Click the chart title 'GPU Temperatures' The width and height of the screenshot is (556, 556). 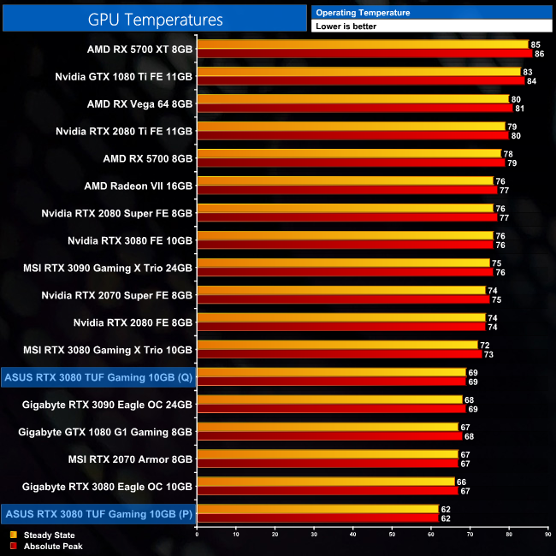[x=155, y=19]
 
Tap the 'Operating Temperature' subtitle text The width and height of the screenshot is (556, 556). [x=363, y=13]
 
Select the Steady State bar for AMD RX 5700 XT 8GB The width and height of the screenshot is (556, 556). [x=363, y=44]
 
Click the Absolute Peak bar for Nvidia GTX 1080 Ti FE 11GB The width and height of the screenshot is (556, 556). [x=361, y=81]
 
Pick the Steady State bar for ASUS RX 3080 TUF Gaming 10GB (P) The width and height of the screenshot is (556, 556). [x=317, y=509]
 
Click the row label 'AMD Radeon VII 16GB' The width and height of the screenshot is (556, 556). [x=139, y=186]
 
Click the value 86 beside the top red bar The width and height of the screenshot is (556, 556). [x=539, y=54]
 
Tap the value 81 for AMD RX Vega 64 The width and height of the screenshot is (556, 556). [x=519, y=109]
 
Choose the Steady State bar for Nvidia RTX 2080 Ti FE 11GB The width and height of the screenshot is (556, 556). [x=352, y=126]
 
